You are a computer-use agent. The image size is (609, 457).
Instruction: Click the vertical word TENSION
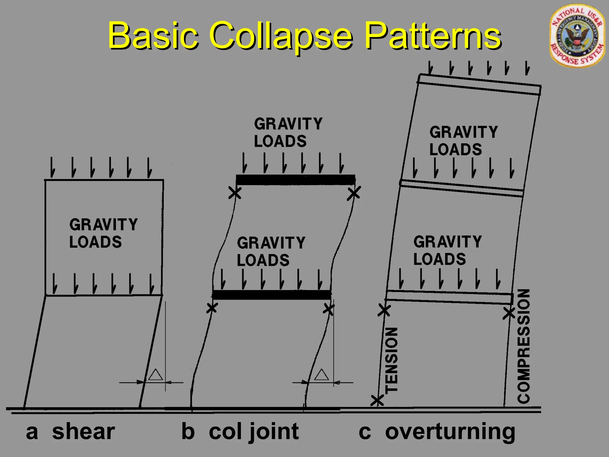pos(391,360)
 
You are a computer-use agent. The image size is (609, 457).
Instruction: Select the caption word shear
pos(83,431)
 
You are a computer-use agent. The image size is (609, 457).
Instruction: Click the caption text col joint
pos(254,431)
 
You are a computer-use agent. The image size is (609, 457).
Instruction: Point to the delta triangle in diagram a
pos(156,375)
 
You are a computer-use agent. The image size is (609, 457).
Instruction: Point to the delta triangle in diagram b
pos(321,375)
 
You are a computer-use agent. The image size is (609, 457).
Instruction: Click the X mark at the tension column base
pos(377,401)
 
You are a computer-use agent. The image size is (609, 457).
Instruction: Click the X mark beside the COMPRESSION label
pos(509,313)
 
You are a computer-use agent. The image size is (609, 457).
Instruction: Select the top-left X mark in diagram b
pos(235,193)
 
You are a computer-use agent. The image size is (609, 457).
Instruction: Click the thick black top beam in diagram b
pos(296,180)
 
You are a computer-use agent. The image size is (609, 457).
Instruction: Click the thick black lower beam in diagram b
pos(271,295)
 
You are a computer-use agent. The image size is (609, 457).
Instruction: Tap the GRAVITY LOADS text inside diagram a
pos(103,233)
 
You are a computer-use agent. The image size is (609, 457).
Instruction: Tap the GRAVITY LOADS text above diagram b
pos(288,132)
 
